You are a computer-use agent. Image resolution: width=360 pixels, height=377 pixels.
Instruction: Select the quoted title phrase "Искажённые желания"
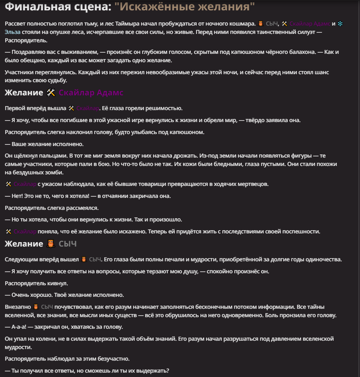184,7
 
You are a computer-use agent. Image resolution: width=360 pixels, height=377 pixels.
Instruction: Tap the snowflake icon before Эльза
340,24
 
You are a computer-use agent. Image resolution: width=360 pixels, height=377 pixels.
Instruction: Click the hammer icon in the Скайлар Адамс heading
51,93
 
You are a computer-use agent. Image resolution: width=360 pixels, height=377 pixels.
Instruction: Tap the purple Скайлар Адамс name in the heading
91,93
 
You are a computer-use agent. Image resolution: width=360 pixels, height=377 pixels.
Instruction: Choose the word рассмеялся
80,208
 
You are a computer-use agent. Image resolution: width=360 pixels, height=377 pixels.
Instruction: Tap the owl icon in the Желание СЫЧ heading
51,244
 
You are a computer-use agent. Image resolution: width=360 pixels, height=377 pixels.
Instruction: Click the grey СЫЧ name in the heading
67,244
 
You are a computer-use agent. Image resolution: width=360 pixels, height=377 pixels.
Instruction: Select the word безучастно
111,359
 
